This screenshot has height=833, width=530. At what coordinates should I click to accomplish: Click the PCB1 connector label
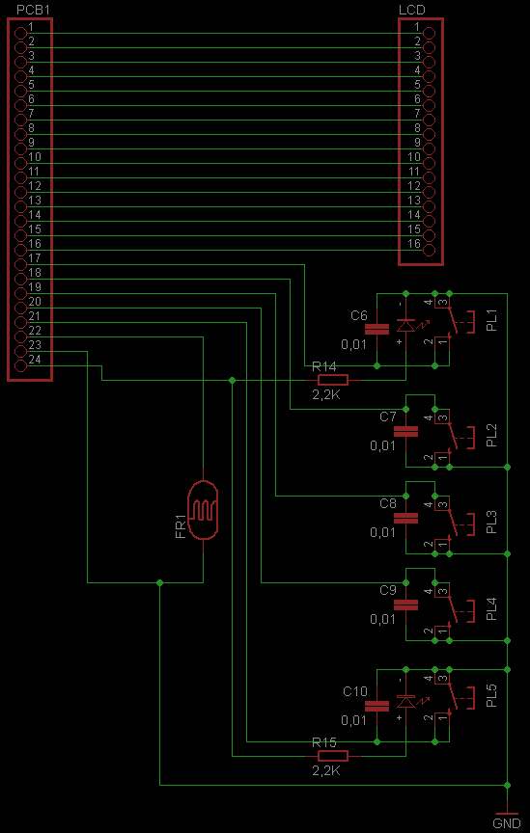click(x=31, y=10)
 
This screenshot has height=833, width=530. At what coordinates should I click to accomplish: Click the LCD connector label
click(x=412, y=10)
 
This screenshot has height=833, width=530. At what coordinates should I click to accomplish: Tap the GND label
click(x=507, y=823)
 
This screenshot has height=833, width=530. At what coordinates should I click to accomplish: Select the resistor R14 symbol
click(x=333, y=379)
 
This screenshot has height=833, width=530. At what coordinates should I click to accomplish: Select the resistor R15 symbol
click(x=333, y=756)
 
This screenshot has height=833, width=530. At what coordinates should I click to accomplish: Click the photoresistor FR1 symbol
click(x=203, y=509)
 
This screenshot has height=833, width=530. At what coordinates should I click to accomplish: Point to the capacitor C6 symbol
click(x=377, y=330)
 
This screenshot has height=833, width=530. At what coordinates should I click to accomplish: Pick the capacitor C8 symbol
click(x=406, y=518)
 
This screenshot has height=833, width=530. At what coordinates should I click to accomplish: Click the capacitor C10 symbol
click(x=377, y=706)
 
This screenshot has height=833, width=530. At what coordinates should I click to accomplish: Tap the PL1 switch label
click(x=492, y=322)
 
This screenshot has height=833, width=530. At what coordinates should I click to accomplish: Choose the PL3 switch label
click(x=492, y=522)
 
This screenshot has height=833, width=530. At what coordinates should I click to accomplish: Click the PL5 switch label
click(x=492, y=696)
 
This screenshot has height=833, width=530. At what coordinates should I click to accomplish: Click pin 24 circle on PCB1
click(x=20, y=365)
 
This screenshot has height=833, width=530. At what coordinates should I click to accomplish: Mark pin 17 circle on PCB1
click(x=20, y=264)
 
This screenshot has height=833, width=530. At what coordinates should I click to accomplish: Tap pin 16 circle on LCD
click(x=429, y=251)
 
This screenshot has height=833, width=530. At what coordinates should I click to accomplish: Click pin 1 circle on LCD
click(x=429, y=33)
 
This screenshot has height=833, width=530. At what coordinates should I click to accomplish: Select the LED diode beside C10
click(x=407, y=701)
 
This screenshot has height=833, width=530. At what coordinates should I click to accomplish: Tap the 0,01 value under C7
click(x=383, y=445)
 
